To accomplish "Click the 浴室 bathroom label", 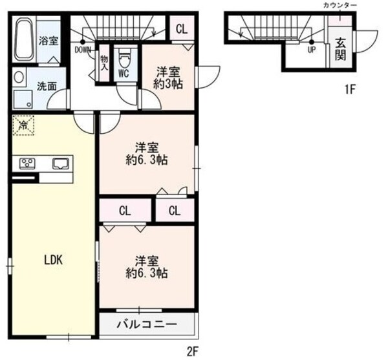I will (48, 41).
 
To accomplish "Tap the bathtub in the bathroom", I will (24, 40).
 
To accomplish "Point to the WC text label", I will (123, 73).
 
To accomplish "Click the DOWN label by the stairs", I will (83, 50).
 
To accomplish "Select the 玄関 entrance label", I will (339, 50).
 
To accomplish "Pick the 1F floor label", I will (349, 89).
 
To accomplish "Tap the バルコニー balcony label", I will (147, 324).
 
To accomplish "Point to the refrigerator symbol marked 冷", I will (24, 125).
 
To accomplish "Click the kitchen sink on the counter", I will (60, 164).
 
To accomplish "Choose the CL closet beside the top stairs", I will (181, 29).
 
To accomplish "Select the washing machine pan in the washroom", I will (25, 99).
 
